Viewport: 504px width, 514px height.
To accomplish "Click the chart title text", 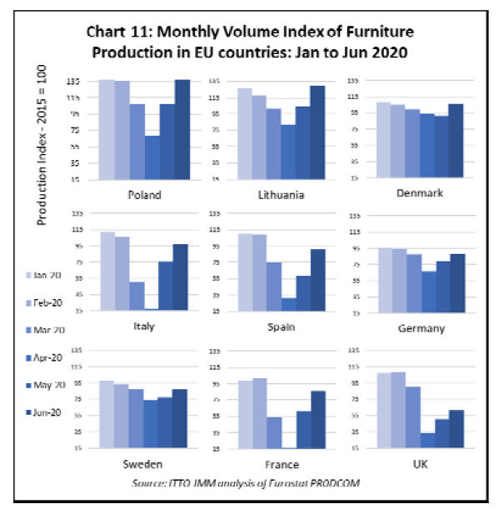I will point(250,42).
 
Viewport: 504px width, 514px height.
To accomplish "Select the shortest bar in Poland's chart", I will point(152,157).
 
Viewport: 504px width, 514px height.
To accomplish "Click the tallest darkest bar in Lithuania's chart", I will point(317,132).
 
